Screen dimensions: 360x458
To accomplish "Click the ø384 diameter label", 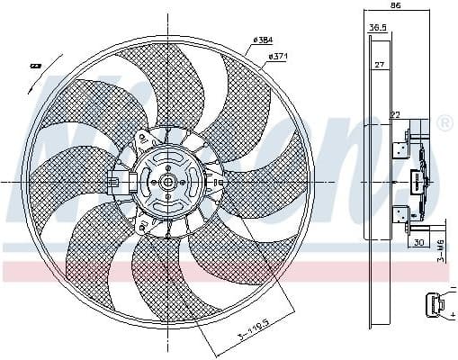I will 264,40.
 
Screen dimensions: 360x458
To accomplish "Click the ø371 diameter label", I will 278,58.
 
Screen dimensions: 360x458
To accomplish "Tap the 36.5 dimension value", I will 378,28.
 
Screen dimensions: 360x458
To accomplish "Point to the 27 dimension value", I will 380,65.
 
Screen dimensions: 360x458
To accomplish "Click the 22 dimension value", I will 394,113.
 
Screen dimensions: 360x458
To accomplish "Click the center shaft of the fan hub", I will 167,181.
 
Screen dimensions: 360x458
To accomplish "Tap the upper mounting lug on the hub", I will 142,139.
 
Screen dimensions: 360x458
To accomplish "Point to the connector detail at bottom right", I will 435,306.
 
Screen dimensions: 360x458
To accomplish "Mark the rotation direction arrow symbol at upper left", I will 36,65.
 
